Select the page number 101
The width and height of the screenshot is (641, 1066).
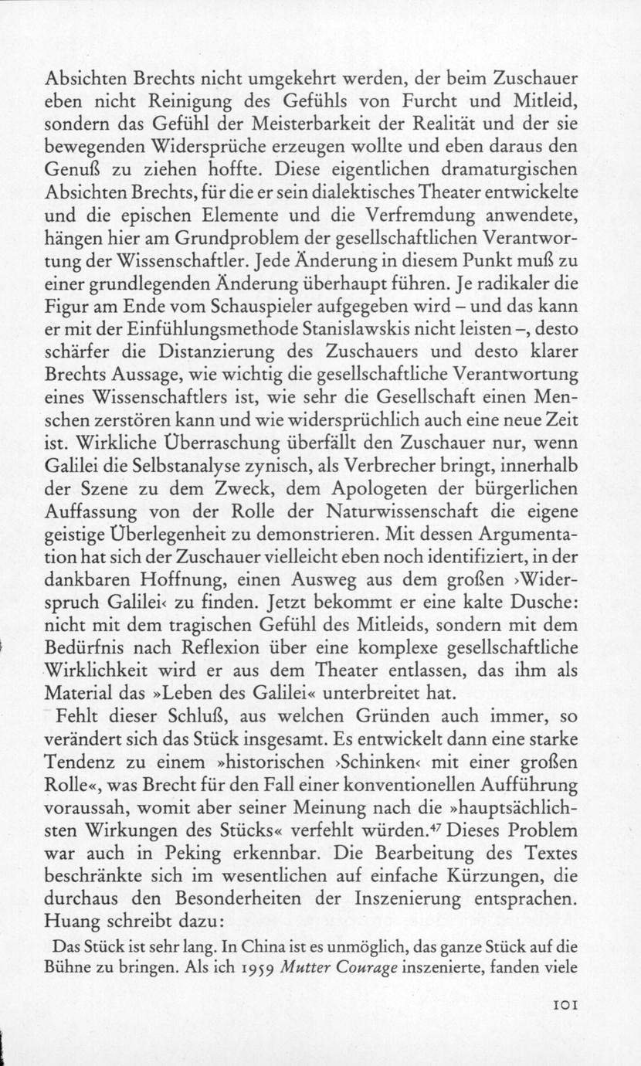click(566, 1005)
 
